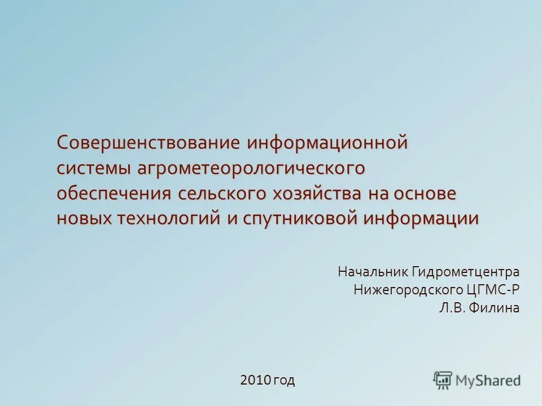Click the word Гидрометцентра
click(465, 272)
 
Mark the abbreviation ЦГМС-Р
click(492, 290)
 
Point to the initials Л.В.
click(451, 308)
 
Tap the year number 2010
click(256, 381)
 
